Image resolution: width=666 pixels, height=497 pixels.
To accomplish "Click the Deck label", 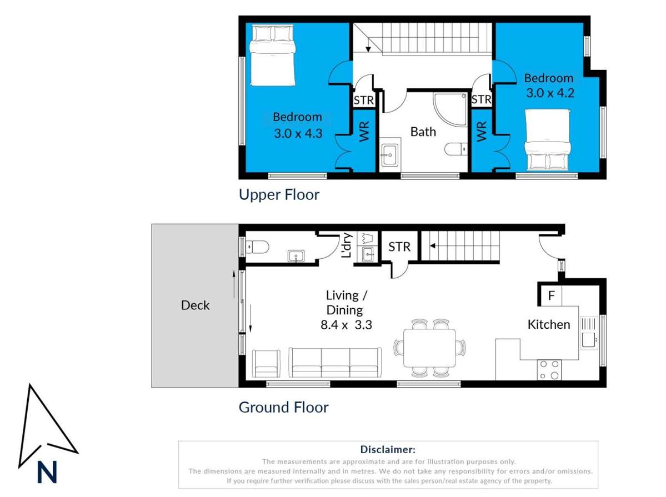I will tap(195, 305).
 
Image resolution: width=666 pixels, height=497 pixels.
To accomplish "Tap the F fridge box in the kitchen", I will tap(551, 295).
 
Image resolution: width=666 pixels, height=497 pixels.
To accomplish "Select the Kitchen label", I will tap(548, 324).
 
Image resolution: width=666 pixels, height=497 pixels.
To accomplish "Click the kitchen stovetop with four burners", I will tap(549, 370).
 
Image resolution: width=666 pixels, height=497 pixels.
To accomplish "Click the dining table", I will tap(429, 348).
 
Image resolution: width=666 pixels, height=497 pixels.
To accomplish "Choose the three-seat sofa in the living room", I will tap(335, 364).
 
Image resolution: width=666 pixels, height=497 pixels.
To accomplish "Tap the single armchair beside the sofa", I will tap(268, 364).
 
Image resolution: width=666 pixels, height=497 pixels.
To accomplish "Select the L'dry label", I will tap(347, 245).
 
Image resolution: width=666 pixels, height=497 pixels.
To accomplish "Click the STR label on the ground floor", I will tap(399, 247).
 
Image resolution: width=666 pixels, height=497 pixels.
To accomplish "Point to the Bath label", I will tap(423, 132).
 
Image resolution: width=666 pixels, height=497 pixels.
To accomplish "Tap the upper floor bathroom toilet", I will tap(457, 149).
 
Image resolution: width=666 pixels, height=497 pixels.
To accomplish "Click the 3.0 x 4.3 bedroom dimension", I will tap(298, 133).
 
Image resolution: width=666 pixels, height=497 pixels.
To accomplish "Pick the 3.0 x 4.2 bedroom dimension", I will tap(550, 93).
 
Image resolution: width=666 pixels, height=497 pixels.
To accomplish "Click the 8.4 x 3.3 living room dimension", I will tap(345, 325).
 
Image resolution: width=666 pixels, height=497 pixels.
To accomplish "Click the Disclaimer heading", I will tap(388, 449).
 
